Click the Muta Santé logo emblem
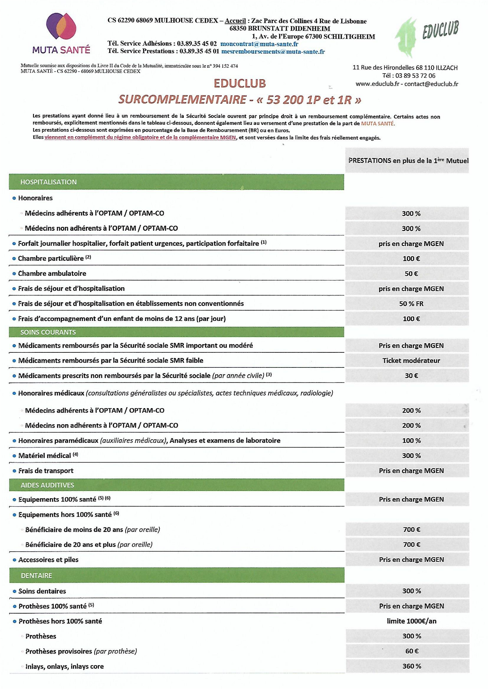click(61, 26)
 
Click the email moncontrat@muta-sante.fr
click(259, 44)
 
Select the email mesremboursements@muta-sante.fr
click(273, 52)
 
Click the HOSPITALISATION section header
click(48, 182)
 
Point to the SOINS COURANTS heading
click(48, 332)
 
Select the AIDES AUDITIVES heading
click(47, 485)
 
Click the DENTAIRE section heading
click(36, 575)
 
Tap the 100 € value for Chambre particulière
click(411, 259)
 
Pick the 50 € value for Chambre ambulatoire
click(411, 274)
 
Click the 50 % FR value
click(411, 304)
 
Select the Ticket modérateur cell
click(411, 360)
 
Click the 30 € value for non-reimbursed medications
click(411, 376)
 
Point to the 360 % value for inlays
click(412, 666)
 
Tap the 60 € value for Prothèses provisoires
click(412, 651)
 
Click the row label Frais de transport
click(46, 471)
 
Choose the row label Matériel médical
click(45, 455)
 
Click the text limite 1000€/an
click(412, 621)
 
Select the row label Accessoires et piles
click(48, 560)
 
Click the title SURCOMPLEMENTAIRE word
click(182, 100)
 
